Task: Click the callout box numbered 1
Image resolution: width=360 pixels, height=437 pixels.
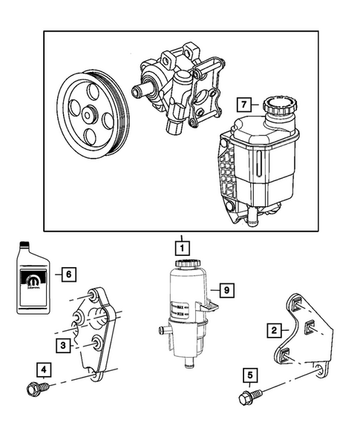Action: [179, 244]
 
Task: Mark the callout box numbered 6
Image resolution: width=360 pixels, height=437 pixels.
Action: [68, 274]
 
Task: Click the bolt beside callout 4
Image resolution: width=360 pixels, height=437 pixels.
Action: [35, 387]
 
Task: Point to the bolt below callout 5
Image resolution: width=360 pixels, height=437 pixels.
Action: [249, 400]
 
